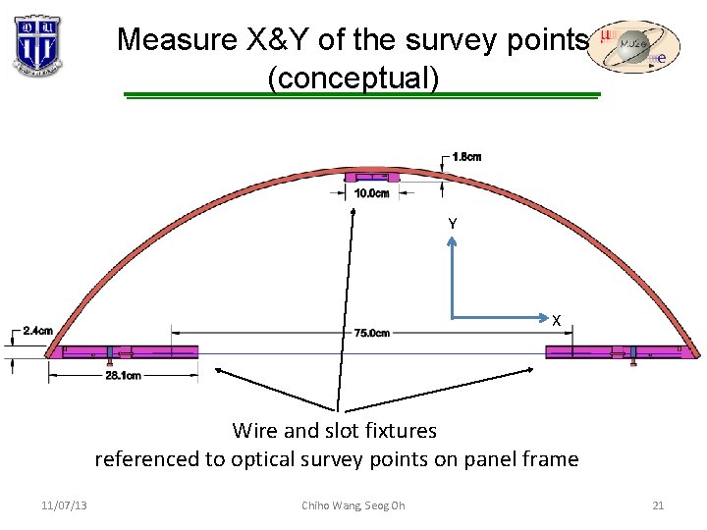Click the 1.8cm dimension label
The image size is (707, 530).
click(467, 157)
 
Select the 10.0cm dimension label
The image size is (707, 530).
click(371, 193)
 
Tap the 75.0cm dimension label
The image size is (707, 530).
click(372, 334)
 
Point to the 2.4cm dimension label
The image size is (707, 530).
click(37, 331)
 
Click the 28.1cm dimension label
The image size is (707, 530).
click(122, 375)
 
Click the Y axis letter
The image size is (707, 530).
click(452, 225)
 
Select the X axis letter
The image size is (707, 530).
click(556, 320)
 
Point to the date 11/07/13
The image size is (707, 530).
click(64, 505)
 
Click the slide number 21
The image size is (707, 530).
click(658, 505)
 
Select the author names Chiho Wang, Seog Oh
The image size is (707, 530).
click(353, 505)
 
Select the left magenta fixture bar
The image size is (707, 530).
click(128, 352)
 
